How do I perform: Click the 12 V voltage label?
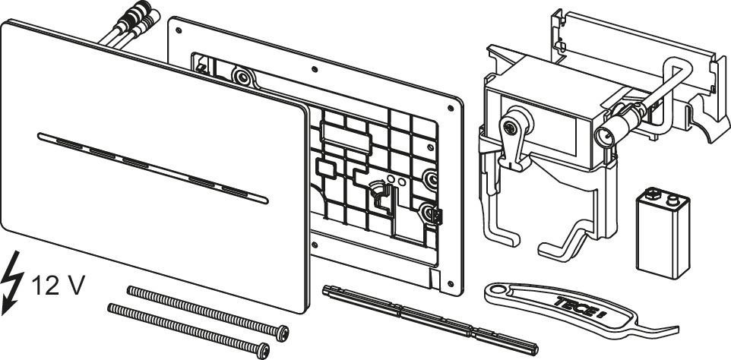pyautogui.click(x=59, y=285)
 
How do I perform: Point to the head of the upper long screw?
pyautogui.click(x=282, y=333)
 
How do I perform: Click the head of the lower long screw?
pyautogui.click(x=263, y=351)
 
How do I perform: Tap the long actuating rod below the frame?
pyautogui.click(x=430, y=320)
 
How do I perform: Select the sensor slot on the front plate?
pyautogui.click(x=153, y=168)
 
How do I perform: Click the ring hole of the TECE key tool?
pyautogui.click(x=495, y=292)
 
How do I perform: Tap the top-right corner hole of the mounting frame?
pyautogui.click(x=451, y=108)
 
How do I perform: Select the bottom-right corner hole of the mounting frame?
pyautogui.click(x=450, y=283)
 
